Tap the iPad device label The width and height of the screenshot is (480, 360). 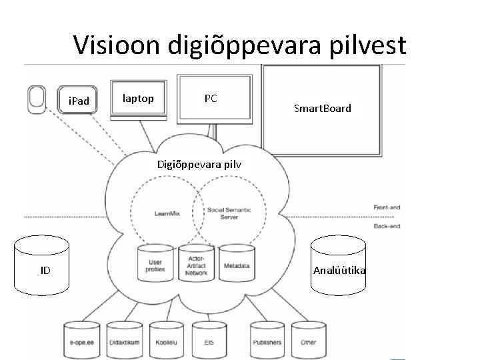79,102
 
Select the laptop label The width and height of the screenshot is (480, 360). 138,98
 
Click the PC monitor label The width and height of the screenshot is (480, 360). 211,98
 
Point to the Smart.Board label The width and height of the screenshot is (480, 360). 323,108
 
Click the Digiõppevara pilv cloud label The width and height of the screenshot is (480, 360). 198,164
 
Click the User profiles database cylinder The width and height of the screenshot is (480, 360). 155,264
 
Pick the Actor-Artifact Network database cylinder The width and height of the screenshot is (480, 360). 195,263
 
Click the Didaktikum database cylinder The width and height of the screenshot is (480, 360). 125,341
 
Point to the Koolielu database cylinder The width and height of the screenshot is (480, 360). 167,341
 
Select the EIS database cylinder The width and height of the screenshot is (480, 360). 209,341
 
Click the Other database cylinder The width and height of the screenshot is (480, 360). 309,341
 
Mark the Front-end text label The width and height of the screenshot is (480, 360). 387,207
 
